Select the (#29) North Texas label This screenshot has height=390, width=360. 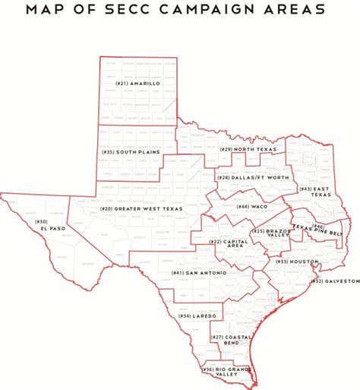click(245, 149)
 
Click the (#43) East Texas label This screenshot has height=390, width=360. click(314, 192)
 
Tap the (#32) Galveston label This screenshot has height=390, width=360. click(334, 281)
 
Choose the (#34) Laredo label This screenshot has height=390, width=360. click(197, 315)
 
